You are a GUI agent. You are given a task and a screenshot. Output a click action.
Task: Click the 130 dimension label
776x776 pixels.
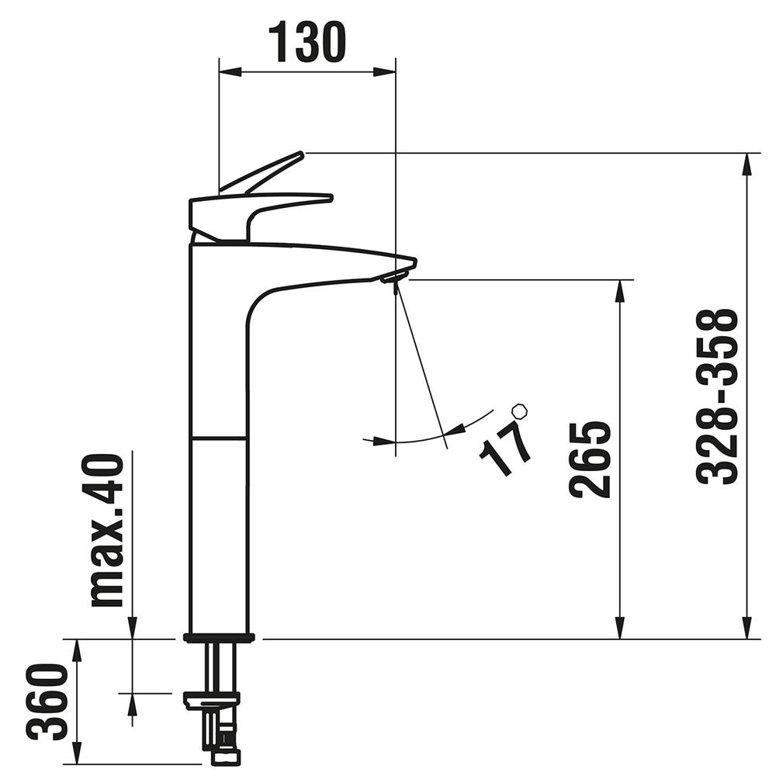coord(307,43)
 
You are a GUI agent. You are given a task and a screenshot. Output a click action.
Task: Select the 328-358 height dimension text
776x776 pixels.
coord(716,397)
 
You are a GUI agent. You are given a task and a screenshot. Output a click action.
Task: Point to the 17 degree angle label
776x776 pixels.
coord(504,446)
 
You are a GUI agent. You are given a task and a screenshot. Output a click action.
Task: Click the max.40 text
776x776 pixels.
coord(106,530)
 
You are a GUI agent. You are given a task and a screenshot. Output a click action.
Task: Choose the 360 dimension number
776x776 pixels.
coord(46,702)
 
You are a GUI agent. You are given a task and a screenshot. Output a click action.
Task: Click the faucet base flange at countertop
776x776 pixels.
coord(219,639)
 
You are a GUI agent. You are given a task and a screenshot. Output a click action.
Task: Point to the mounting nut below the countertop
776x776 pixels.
coord(211,702)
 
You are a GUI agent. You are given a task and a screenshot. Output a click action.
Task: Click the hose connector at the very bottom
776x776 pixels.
coord(226,756)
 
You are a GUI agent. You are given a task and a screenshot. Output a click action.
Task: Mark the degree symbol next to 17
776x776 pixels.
coord(519,409)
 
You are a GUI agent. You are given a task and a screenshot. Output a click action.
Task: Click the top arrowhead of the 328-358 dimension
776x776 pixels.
coord(747,163)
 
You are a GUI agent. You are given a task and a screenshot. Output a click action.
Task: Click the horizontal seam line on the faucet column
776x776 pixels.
coord(219,438)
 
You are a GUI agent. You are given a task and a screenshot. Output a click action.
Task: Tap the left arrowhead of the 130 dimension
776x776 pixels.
coord(230,72)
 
